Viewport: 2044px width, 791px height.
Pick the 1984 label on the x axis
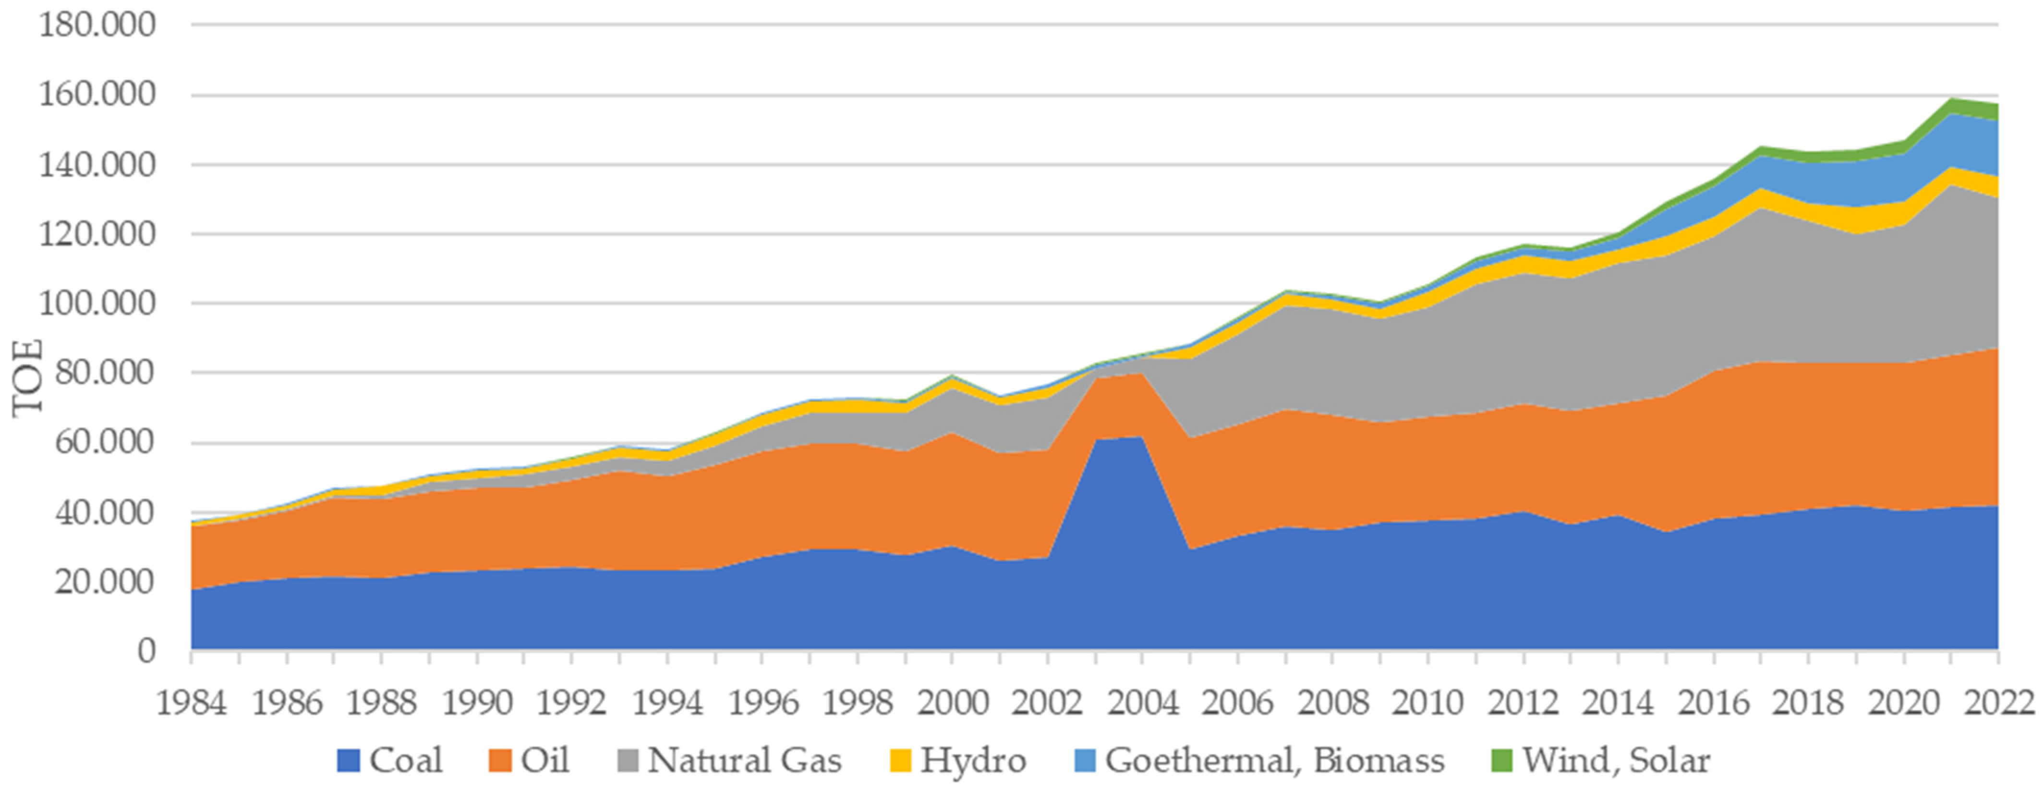[x=191, y=703]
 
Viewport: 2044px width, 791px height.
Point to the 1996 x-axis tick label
[x=762, y=703]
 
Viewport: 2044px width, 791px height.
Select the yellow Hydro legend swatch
[x=901, y=761]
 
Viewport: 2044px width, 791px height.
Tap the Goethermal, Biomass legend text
[x=1274, y=760]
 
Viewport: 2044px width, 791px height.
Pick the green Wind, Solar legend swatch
[x=1502, y=761]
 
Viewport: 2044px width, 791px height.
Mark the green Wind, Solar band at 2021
[x=1950, y=128]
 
